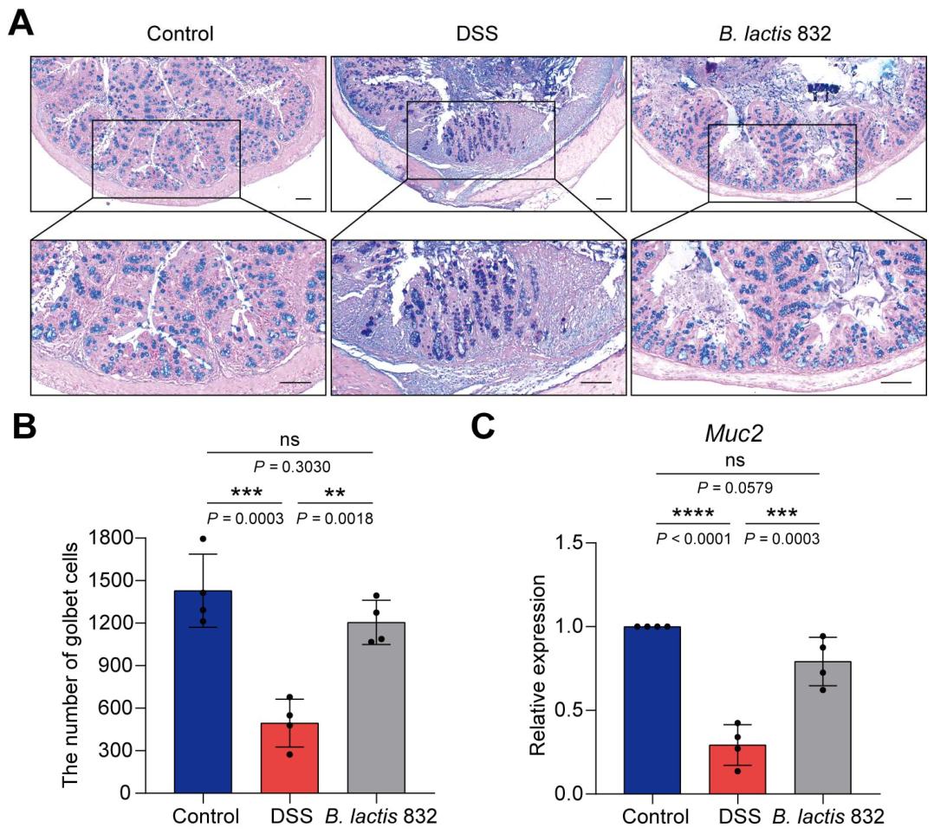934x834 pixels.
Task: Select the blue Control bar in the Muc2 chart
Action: click(x=652, y=710)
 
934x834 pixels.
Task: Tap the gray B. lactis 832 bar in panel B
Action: click(x=376, y=708)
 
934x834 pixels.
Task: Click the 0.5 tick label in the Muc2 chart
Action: click(x=569, y=710)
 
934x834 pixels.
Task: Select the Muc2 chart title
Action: click(x=734, y=433)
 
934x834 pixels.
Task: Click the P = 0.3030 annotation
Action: click(x=289, y=467)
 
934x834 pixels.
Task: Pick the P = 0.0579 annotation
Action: click(x=735, y=488)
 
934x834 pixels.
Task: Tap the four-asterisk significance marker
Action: click(x=693, y=513)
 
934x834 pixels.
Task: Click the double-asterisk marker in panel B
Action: click(x=334, y=492)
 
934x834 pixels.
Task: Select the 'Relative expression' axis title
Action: click(x=539, y=665)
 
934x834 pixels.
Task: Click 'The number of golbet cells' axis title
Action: click(x=69, y=664)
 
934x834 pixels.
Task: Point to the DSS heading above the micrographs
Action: click(x=477, y=33)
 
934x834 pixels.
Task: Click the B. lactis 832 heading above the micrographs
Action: click(x=775, y=33)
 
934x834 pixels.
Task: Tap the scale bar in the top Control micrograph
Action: click(x=304, y=198)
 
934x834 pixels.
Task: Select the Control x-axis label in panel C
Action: click(x=655, y=816)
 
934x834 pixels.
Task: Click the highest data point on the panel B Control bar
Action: click(x=203, y=539)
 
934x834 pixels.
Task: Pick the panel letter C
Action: click(x=483, y=426)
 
